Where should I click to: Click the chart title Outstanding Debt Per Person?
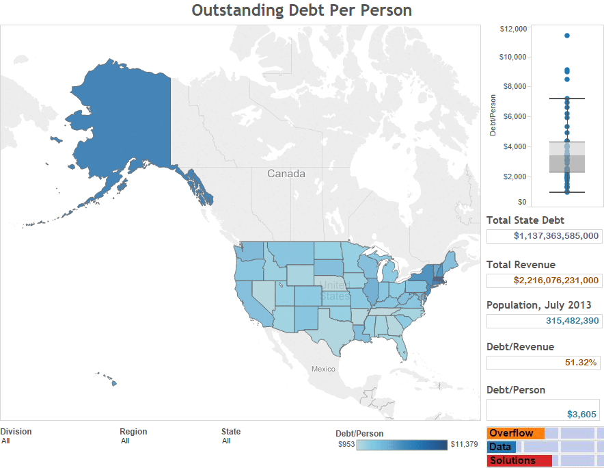point(301,10)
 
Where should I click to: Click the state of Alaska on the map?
point(123,123)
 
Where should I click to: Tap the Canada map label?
point(286,174)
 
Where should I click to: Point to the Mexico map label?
point(323,369)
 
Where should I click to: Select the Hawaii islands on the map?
point(109,378)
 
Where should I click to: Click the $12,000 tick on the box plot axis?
point(513,29)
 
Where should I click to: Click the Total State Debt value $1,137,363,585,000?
point(556,236)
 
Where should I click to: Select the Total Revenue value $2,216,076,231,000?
point(556,280)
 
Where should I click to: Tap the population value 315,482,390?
point(572,321)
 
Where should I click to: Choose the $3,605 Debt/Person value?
point(581,414)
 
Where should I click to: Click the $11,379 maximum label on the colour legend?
point(464,445)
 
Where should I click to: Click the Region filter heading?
point(133,432)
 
